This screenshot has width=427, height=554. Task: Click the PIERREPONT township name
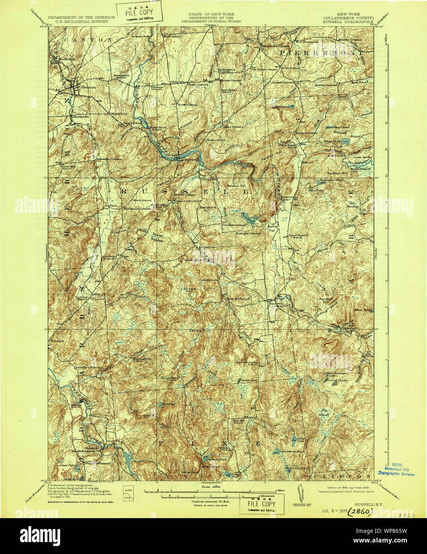pyautogui.click(x=321, y=52)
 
